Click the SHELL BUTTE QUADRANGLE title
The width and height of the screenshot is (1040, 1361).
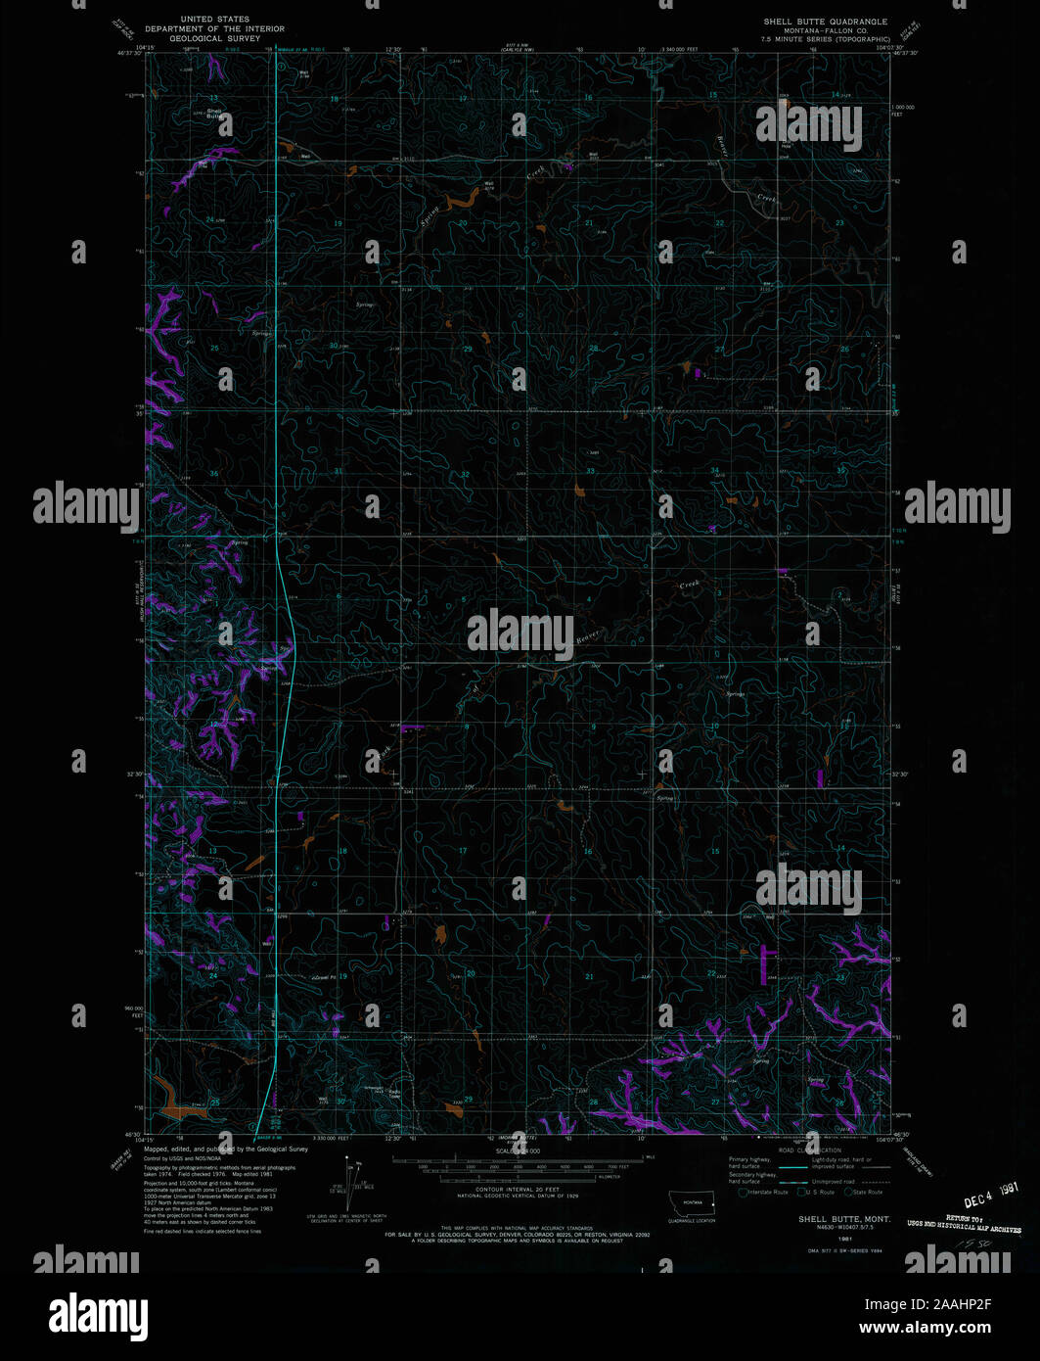826,22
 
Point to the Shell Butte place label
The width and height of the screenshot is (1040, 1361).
213,114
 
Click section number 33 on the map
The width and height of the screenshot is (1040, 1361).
590,471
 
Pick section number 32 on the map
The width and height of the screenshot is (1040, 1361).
466,475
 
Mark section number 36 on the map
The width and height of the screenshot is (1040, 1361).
213,473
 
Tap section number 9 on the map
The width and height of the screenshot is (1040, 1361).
593,727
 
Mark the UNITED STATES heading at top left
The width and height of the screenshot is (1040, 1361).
214,20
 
